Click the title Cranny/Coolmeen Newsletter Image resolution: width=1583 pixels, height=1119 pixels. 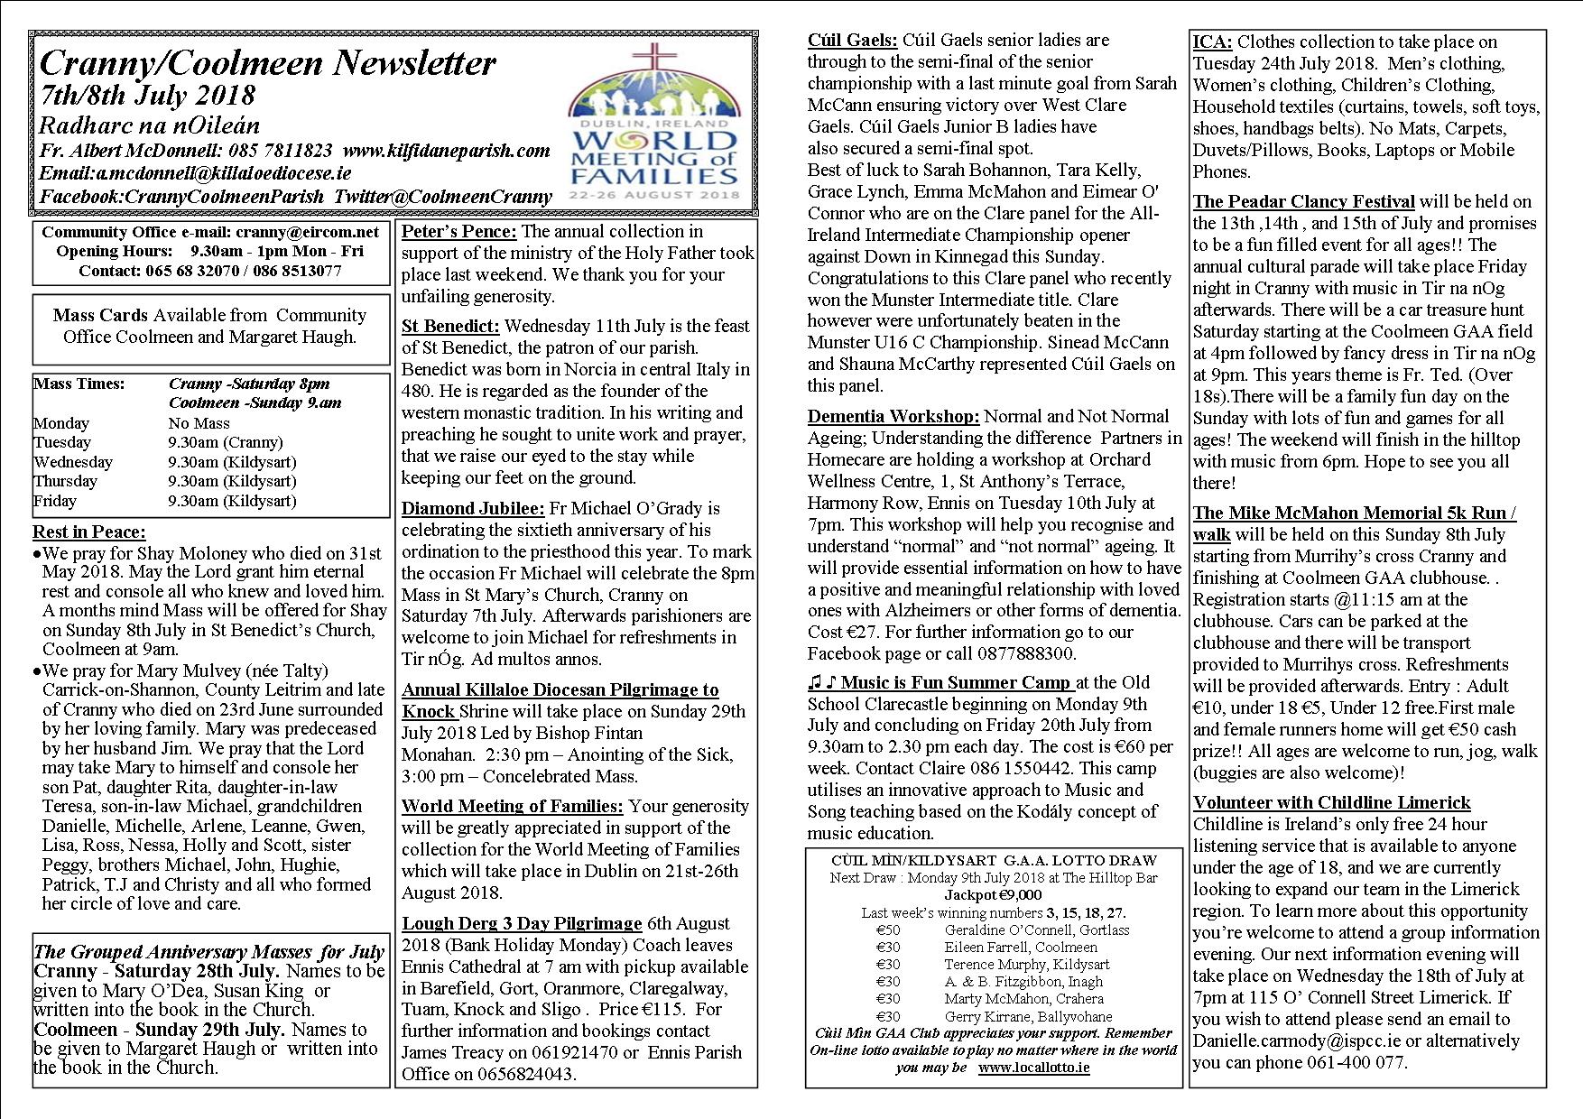click(x=267, y=63)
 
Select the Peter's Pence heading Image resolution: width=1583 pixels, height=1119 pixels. click(x=458, y=232)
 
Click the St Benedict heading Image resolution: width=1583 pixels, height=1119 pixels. click(x=449, y=326)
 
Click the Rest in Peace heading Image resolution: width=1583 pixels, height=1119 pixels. click(x=88, y=532)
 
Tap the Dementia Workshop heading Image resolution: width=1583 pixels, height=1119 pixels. click(x=893, y=416)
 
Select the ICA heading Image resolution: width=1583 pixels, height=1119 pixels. click(x=1212, y=42)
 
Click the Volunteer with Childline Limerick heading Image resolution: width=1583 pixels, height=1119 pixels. click(x=1331, y=802)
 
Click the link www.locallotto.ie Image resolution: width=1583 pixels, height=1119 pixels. click(x=1032, y=1068)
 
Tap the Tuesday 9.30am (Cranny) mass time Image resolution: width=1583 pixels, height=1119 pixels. click(x=225, y=442)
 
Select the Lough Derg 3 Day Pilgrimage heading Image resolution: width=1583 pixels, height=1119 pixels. click(x=522, y=923)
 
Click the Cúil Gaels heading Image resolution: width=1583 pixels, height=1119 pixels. click(x=852, y=40)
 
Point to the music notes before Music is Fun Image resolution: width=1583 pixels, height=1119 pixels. click(x=822, y=682)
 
